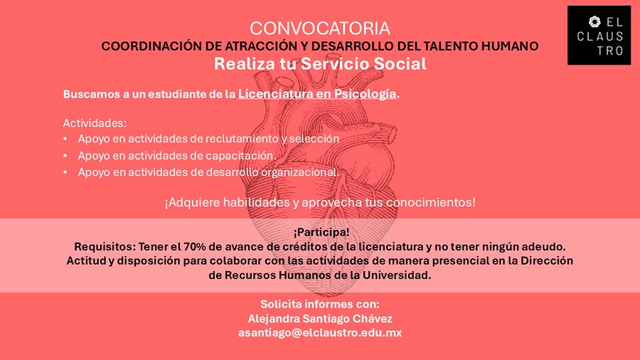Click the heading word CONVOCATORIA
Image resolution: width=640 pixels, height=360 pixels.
pos(320,28)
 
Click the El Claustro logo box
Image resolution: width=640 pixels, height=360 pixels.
pos(599,35)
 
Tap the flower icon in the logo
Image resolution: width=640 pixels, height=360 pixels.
pos(594,21)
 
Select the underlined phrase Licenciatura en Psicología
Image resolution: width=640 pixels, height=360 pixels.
pos(316,95)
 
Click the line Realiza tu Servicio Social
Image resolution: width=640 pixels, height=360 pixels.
pos(320,63)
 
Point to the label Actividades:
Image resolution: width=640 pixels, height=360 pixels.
pos(95,123)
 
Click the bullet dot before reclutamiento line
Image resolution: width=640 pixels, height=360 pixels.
pos(65,139)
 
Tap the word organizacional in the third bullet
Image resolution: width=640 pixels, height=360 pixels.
pos(299,172)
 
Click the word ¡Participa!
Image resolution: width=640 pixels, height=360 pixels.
pos(321,232)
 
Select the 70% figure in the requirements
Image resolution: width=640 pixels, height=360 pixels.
pos(195,247)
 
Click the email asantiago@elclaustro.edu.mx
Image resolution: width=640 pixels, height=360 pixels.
pos(320,333)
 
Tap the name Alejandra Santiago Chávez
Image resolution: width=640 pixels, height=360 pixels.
pos(320,318)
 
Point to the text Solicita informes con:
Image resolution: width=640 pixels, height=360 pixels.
pos(320,304)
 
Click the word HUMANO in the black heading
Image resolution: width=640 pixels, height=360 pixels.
pos(510,46)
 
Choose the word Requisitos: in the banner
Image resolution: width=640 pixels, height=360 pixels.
pos(105,247)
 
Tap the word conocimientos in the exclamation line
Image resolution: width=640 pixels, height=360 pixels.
pos(429,203)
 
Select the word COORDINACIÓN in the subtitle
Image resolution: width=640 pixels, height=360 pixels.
pos(151,46)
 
